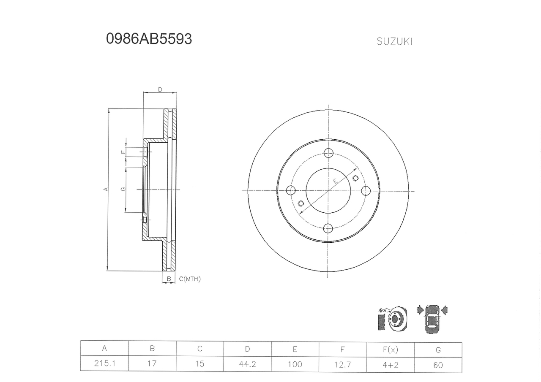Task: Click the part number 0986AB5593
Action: [149, 39]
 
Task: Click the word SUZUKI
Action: [394, 42]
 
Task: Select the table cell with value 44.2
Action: [247, 364]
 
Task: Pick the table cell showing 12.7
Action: [342, 364]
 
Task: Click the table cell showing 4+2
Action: [390, 364]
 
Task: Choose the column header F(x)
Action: [390, 349]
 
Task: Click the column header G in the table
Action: [438, 349]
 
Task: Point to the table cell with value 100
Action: [295, 364]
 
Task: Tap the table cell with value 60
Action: [438, 364]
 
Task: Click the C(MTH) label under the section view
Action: [190, 279]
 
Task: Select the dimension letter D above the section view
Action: [160, 89]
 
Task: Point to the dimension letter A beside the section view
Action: [106, 189]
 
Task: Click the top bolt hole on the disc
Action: [328, 153]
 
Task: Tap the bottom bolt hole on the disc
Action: [328, 228]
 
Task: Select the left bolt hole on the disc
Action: [290, 190]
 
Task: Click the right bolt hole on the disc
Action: [366, 190]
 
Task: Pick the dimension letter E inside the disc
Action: [335, 182]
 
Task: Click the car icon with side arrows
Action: [432, 319]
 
